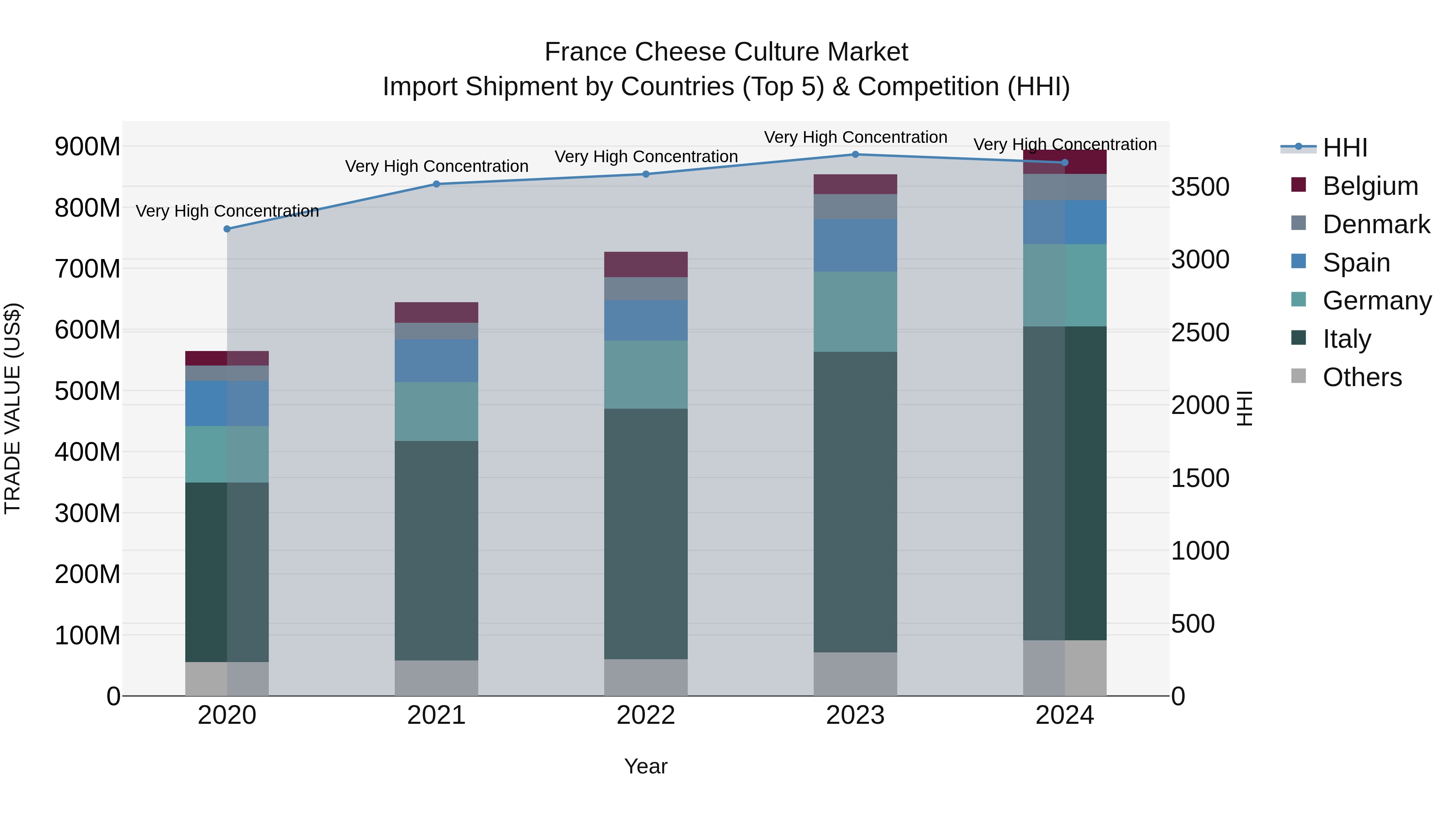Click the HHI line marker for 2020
coord(227,229)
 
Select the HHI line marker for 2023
coord(855,155)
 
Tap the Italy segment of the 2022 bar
coord(646,533)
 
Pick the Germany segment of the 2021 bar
coord(436,412)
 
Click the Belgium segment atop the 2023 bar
coord(855,184)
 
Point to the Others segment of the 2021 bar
coord(436,678)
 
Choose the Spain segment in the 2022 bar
coord(646,320)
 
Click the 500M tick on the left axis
coord(88,391)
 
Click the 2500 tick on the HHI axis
coord(1200,333)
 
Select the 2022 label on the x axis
coord(646,715)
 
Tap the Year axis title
coord(646,766)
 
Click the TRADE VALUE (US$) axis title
coord(13,408)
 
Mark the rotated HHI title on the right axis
coord(1244,408)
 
